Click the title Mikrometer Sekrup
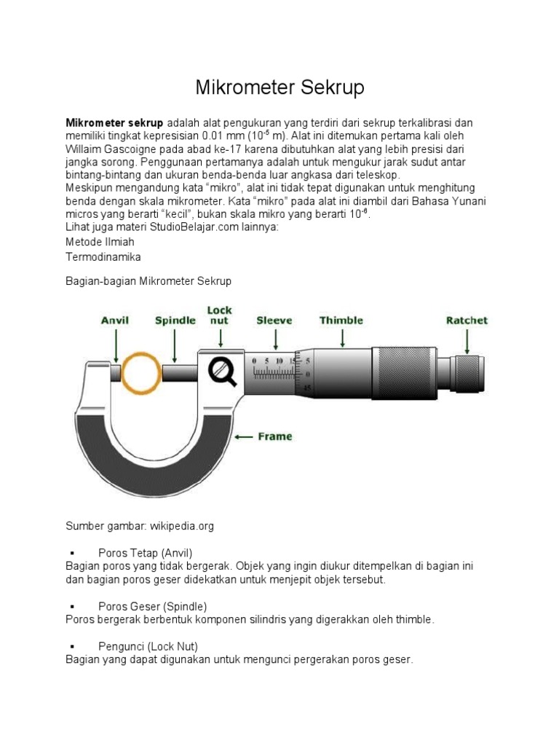279,88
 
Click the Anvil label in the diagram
114,320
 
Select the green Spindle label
175,320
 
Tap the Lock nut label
220,315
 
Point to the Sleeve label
274,320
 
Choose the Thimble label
341,320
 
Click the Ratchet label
467,320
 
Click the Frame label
275,436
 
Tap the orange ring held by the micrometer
142,373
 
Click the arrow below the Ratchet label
467,340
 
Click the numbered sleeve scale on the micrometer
274,369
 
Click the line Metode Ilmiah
100,241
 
